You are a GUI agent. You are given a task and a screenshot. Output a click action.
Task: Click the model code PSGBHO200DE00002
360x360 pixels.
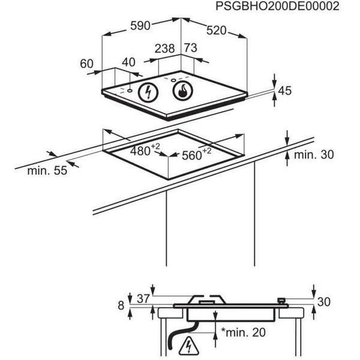pos(277,6)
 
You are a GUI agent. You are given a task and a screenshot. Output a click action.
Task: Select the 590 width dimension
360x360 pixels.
pos(140,25)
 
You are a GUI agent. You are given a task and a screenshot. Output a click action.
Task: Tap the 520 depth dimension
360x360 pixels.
pos(216,31)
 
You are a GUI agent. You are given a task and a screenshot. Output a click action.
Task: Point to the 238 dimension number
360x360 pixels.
pos(165,49)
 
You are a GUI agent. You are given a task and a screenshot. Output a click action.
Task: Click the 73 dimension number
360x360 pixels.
pos(191,48)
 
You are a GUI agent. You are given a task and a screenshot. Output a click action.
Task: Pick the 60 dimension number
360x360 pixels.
pos(87,64)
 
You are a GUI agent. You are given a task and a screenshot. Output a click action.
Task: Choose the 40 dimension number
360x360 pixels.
pos(128,62)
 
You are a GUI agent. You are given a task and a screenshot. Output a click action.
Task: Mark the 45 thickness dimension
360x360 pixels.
pos(284,91)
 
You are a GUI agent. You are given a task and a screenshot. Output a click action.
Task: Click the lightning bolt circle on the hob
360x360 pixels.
pos(148,92)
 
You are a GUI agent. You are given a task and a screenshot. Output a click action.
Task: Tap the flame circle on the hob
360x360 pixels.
pos(183,91)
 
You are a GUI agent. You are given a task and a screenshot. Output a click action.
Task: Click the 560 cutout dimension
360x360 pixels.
pos(197,154)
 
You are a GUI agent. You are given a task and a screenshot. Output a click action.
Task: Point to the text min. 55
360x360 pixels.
pos(47,170)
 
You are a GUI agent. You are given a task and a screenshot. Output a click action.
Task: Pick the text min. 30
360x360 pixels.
pos(314,155)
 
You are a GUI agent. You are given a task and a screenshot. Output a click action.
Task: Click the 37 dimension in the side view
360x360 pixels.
pos(143,299)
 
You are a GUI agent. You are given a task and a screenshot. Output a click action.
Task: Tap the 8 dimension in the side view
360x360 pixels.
pos(121,305)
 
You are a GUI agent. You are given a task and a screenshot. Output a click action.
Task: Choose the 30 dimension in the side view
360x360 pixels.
pos(324,302)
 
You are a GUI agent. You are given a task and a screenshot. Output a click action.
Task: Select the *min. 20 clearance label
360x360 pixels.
pos(244,332)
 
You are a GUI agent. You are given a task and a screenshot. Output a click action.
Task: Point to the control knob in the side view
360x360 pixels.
pos(281,301)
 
